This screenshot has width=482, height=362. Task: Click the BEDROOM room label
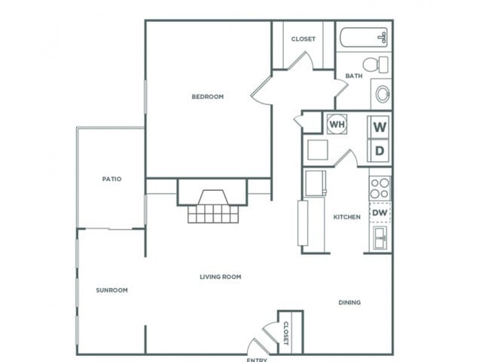pos(207,97)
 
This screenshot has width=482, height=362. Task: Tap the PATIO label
pos(111,179)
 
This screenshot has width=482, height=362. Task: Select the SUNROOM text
pos(111,290)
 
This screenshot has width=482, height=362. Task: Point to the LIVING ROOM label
pos(220,277)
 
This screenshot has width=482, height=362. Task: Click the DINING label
pos(349,302)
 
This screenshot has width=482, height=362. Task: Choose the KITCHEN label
pos(347,217)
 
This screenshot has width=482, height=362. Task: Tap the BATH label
pos(353,76)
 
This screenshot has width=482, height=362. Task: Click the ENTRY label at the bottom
pos(257,359)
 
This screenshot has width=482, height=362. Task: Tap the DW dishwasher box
pos(380,213)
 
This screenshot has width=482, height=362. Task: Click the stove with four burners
pos(380,187)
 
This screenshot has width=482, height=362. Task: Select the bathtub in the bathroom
pos(362,38)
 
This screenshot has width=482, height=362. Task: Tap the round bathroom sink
pos(382,94)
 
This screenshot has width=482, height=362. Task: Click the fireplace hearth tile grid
pos(212,215)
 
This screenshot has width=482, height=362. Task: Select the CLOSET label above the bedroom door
pos(304,39)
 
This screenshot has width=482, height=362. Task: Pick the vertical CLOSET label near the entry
pos(286,331)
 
